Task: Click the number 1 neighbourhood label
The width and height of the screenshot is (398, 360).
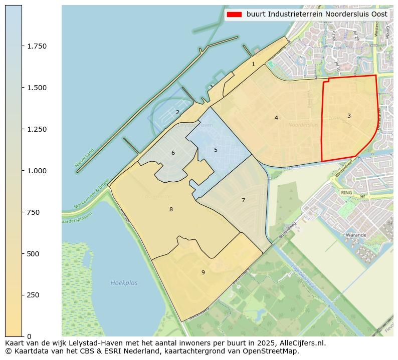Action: click(253, 64)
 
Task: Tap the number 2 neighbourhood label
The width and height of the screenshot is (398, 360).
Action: click(177, 112)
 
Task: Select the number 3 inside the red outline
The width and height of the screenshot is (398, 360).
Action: click(349, 116)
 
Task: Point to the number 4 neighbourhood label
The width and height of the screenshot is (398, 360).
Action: click(276, 118)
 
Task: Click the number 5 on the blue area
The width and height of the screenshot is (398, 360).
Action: click(216, 150)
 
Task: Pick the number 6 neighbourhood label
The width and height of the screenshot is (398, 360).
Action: click(173, 153)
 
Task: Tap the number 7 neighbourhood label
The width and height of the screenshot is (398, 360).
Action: click(243, 200)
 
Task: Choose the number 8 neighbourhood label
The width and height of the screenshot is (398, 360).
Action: click(171, 209)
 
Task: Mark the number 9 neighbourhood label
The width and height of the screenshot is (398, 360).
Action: click(203, 272)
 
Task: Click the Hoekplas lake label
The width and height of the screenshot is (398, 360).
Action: click(124, 283)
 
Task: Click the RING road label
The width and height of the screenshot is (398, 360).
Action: click(346, 192)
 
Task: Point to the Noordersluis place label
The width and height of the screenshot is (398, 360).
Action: click(303, 125)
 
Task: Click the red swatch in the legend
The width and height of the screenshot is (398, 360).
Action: click(234, 15)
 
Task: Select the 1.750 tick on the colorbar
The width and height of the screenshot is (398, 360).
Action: click(37, 46)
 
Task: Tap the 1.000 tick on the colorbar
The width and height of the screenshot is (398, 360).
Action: click(37, 171)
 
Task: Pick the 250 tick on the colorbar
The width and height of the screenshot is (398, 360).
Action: click(34, 295)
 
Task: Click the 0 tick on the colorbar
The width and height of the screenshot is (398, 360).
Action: click(29, 336)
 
